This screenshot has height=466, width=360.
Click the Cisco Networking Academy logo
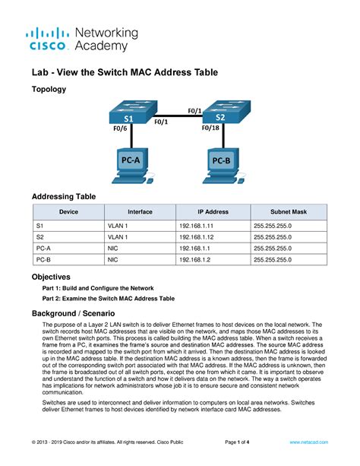[x=82, y=39]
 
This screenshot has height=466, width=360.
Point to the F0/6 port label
[x=122, y=130]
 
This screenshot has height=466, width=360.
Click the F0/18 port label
[x=213, y=128]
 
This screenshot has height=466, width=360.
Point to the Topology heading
[x=48, y=90]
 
